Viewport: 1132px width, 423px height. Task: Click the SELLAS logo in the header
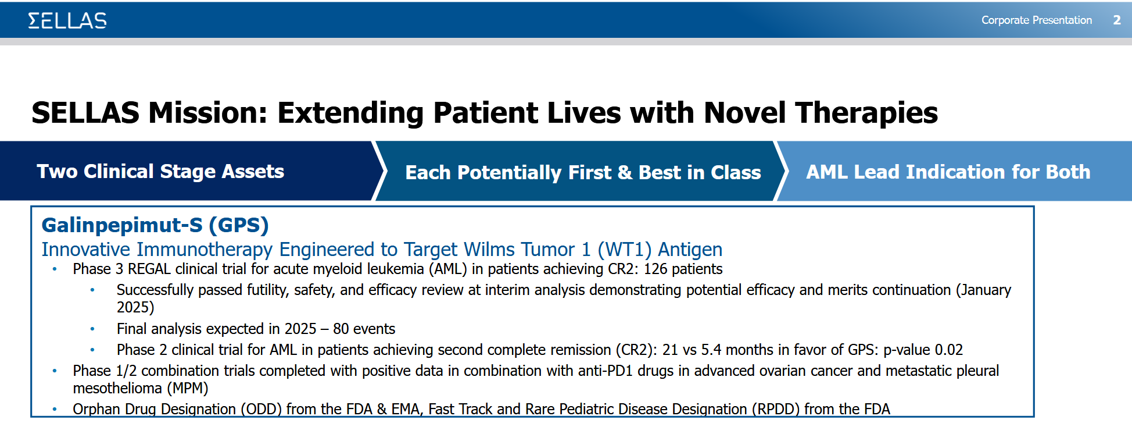(x=67, y=21)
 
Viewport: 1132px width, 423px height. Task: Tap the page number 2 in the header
(x=1117, y=20)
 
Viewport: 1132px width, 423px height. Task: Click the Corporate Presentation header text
(x=1037, y=20)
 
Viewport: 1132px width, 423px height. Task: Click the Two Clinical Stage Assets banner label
(x=160, y=172)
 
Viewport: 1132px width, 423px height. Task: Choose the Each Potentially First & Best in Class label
(x=583, y=173)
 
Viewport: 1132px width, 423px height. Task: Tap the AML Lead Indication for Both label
(x=948, y=172)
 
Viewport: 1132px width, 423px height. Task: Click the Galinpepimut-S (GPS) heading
(x=155, y=225)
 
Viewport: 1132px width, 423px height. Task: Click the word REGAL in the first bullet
(x=149, y=269)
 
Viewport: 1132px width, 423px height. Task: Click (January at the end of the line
(x=984, y=290)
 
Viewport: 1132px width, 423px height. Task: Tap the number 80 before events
(x=341, y=329)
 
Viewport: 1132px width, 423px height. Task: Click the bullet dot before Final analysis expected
(x=92, y=329)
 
